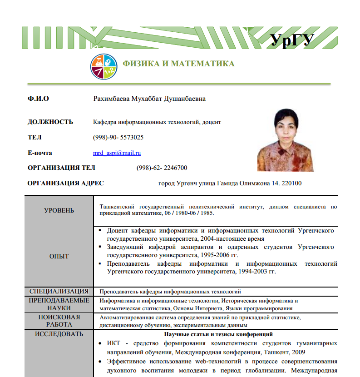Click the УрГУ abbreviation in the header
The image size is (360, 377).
tap(292, 40)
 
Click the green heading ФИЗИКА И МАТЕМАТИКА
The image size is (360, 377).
tap(179, 64)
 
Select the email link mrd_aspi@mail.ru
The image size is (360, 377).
tap(117, 153)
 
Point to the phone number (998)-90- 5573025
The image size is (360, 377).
tap(118, 137)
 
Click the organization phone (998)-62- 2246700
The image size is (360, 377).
tap(162, 168)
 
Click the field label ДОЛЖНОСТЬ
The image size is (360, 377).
tap(50, 122)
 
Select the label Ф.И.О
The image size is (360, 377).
tap(38, 99)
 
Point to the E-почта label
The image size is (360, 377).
tap(40, 153)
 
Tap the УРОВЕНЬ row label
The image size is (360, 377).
tap(59, 210)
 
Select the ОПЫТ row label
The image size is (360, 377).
tap(59, 256)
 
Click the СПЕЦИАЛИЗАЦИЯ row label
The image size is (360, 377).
tap(59, 291)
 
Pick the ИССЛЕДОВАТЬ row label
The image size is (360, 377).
tap(59, 334)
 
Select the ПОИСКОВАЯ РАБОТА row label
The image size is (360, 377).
tap(59, 321)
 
